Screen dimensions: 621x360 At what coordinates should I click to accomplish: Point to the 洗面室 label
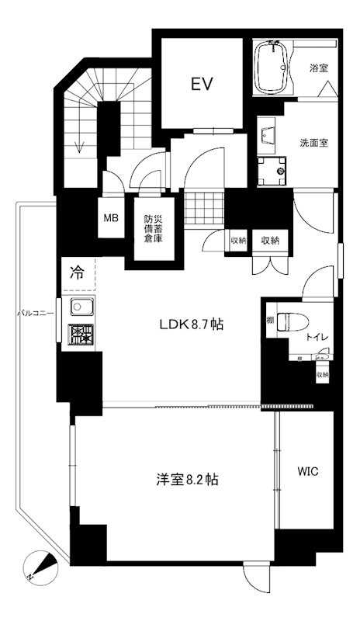pos(314,143)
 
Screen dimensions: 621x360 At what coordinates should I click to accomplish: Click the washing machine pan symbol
pos(272,168)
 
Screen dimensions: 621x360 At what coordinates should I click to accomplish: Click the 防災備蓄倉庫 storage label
pos(153,228)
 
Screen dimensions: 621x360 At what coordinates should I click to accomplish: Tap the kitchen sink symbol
pos(80,307)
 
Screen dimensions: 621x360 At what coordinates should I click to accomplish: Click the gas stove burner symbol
pos(80,335)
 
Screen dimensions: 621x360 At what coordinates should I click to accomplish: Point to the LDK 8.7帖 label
pos(191,324)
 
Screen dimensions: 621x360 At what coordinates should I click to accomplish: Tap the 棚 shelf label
pos(269,321)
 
